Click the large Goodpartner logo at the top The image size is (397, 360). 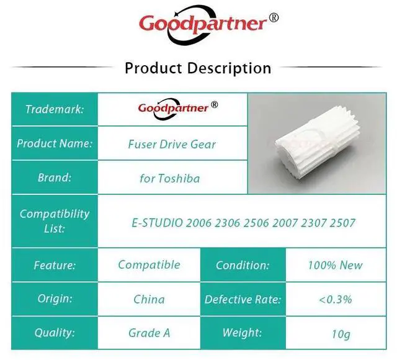click(203, 25)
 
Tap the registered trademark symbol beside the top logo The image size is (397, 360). click(273, 17)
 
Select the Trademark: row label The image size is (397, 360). click(55, 109)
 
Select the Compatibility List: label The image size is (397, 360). click(55, 221)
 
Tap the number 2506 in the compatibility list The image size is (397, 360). click(256, 223)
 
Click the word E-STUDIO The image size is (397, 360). click(157, 223)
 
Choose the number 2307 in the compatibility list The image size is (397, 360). click(313, 223)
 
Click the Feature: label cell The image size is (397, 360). click(55, 265)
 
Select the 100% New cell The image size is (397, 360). click(335, 265)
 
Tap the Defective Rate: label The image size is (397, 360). click(243, 299)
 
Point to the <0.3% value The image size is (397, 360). click(335, 299)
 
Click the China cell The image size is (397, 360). click(149, 299)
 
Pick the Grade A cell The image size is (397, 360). click(149, 333)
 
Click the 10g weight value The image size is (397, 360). click(341, 334)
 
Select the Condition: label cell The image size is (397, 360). click(243, 265)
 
